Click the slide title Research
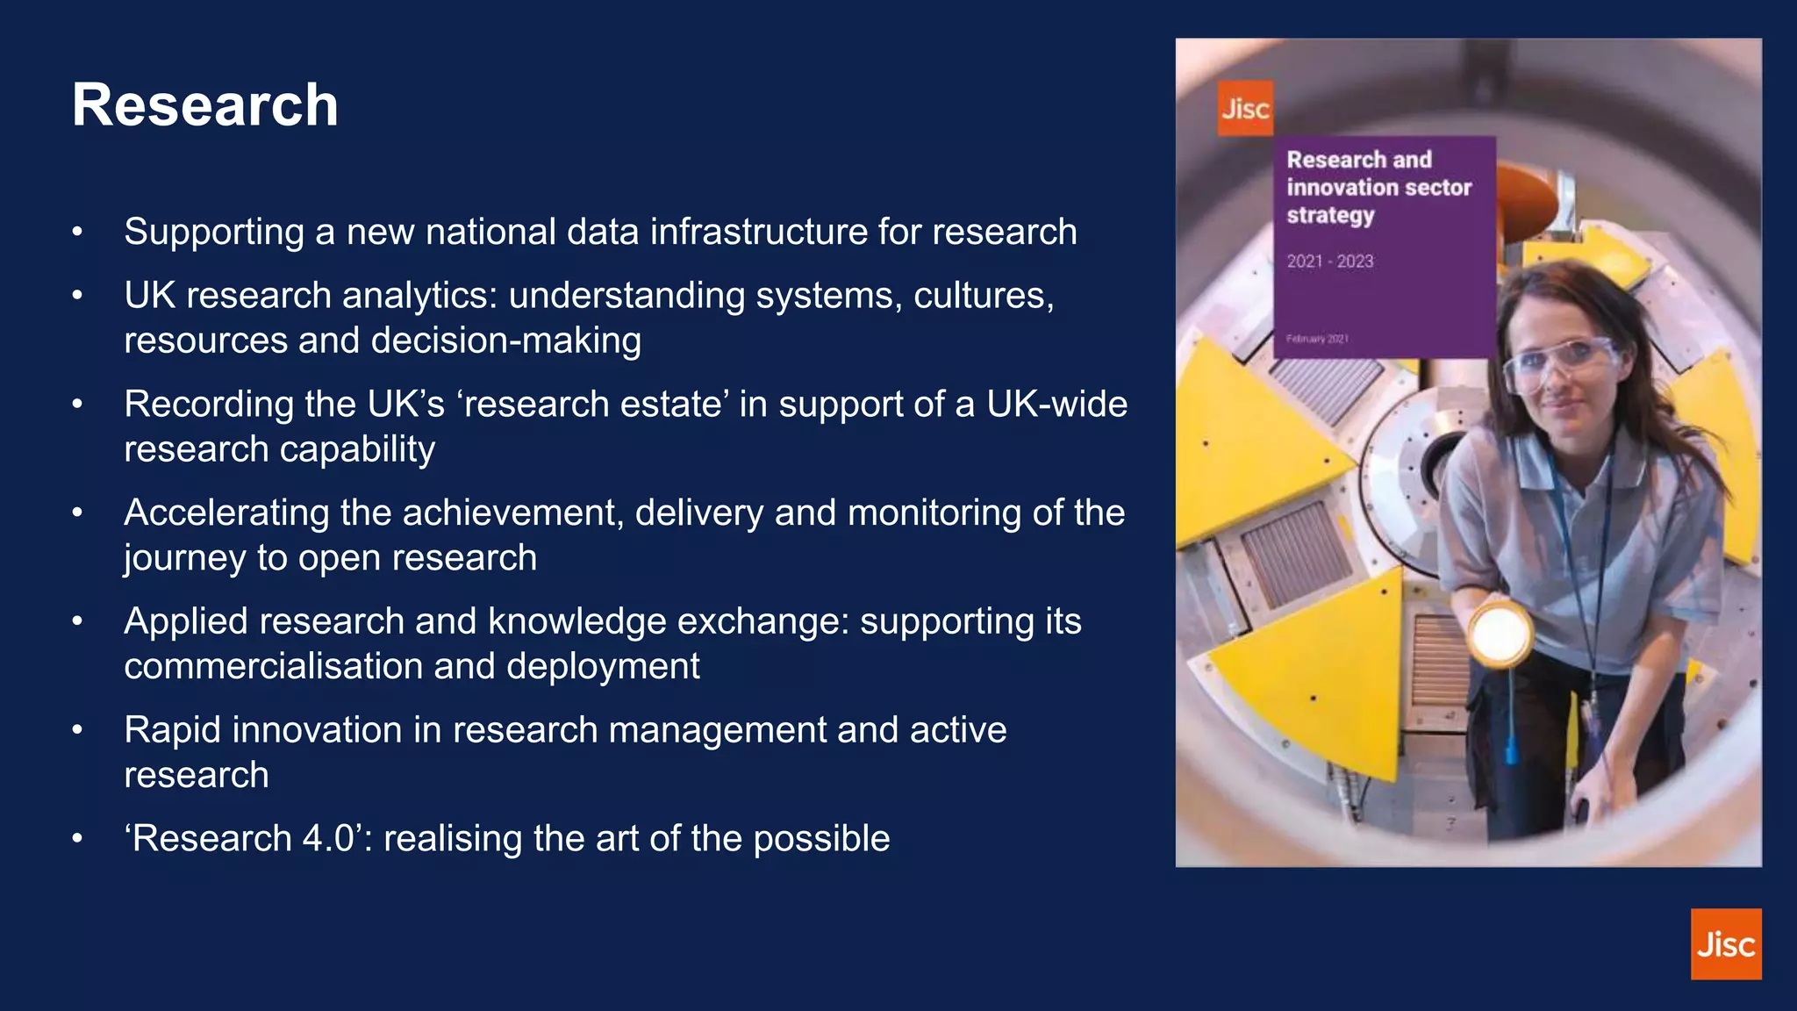point(204,105)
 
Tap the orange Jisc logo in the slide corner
point(1725,943)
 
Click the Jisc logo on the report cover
point(1245,109)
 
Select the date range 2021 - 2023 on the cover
point(1329,262)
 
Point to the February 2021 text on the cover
point(1317,339)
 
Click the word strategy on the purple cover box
point(1330,215)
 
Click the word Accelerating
point(226,513)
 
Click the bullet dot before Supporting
point(77,233)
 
